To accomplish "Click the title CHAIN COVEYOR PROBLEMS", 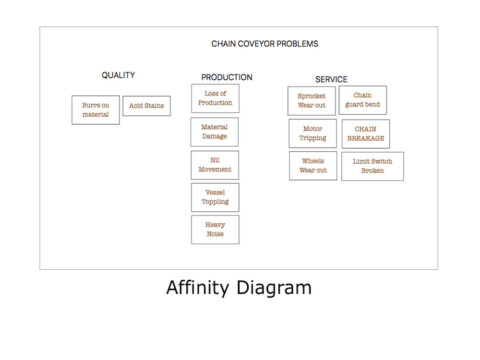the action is pos(264,44).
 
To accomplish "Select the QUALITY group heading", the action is pos(118,75).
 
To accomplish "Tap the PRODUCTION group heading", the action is pos(227,77).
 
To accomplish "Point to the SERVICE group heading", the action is pos(331,80).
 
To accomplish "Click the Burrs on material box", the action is pos(96,110).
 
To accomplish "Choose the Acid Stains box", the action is pos(146,106).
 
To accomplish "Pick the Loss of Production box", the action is pos(215,98).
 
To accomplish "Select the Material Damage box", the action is pos(214,132).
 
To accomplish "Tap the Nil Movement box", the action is pos(215,165).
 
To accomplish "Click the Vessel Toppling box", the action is pos(215,197).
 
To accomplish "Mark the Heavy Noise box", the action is pos(215,229).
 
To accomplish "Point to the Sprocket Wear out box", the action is pos(312,101).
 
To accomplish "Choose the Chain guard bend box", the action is pos(363,100).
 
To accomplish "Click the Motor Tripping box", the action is pos(312,133).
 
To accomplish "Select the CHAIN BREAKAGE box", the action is pos(366,134).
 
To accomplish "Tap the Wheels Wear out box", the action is pos(313,166).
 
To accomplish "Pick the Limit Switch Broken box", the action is pos(372,166).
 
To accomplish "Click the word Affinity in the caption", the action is pos(198,288).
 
